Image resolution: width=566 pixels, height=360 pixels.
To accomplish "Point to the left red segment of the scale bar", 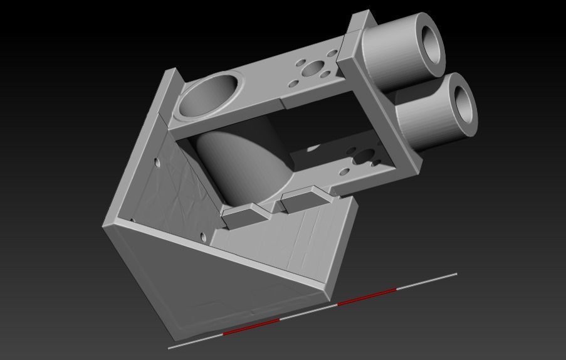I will [251, 327].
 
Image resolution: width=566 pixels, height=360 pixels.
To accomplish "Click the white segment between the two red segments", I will [308, 312].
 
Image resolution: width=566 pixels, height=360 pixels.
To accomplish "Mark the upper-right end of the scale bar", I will [456, 273].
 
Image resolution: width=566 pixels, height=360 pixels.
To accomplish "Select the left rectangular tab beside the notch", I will [246, 216].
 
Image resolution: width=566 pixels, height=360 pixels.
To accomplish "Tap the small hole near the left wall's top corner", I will [157, 163].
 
